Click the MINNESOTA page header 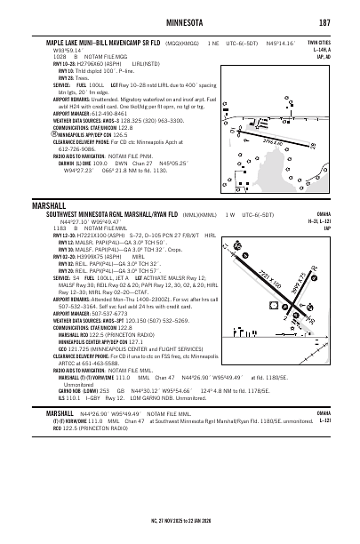tap(180, 21)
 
